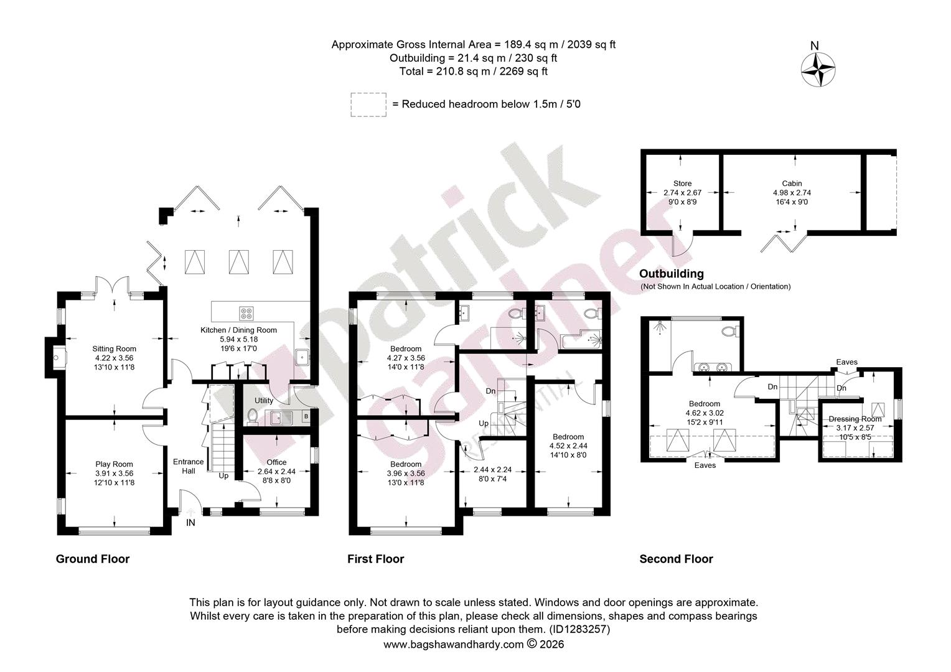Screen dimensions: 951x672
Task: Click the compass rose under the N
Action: [x=818, y=70]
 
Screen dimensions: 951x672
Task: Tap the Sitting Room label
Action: [x=114, y=349]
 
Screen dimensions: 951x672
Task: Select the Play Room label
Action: [x=114, y=464]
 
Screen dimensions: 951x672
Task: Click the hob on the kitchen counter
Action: [x=246, y=314]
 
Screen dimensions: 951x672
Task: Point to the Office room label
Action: [x=276, y=462]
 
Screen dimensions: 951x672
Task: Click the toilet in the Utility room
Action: [x=252, y=416]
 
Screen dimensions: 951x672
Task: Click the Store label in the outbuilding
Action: [x=682, y=184]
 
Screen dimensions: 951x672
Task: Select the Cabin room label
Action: [x=792, y=184]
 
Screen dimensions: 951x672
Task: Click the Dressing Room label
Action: [x=855, y=419]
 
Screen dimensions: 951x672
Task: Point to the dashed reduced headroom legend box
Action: [x=368, y=105]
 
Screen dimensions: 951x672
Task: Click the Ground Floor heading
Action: [x=93, y=559]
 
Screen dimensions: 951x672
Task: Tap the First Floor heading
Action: [x=376, y=559]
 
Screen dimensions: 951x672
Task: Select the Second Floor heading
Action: [x=677, y=559]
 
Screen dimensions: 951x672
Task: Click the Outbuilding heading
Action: [x=672, y=274]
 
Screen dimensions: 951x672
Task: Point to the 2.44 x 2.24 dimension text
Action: [x=492, y=470]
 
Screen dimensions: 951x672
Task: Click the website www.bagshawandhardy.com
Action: [x=454, y=645]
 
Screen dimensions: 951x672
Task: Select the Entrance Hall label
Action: [x=189, y=466]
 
